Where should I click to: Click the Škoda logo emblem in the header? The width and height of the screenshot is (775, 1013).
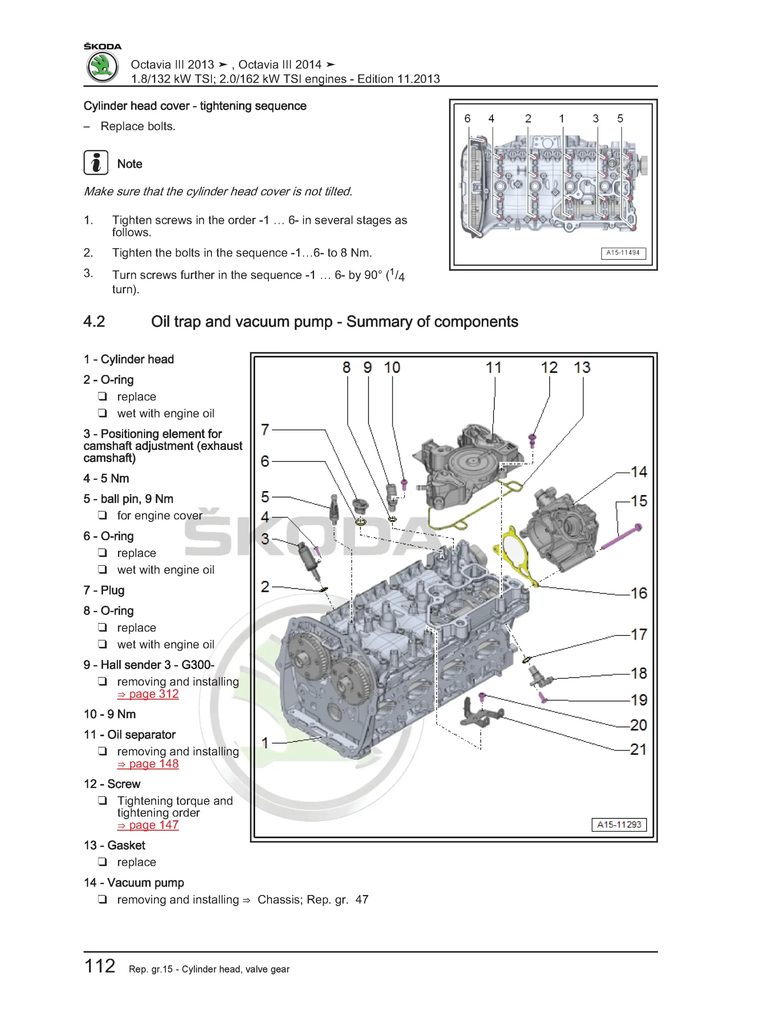coord(103,67)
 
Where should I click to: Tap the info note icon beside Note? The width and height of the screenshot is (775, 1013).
coord(96,162)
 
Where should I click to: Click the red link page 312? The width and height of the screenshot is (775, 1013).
coord(148,694)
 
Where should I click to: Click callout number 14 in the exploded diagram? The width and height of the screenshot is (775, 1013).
coord(639,472)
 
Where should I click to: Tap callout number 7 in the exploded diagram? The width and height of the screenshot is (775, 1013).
coord(265,430)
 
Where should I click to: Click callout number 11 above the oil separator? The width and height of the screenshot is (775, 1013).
coord(494,368)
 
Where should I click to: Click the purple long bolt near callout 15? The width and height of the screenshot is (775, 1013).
coord(621,538)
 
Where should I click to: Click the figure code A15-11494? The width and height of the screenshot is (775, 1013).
coord(623,253)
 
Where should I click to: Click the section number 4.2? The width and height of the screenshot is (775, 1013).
coord(95,321)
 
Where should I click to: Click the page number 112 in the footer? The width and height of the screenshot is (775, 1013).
coord(100,966)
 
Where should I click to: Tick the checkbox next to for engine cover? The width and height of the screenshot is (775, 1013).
coord(103,515)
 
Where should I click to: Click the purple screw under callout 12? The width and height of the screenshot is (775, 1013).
coord(532,440)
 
